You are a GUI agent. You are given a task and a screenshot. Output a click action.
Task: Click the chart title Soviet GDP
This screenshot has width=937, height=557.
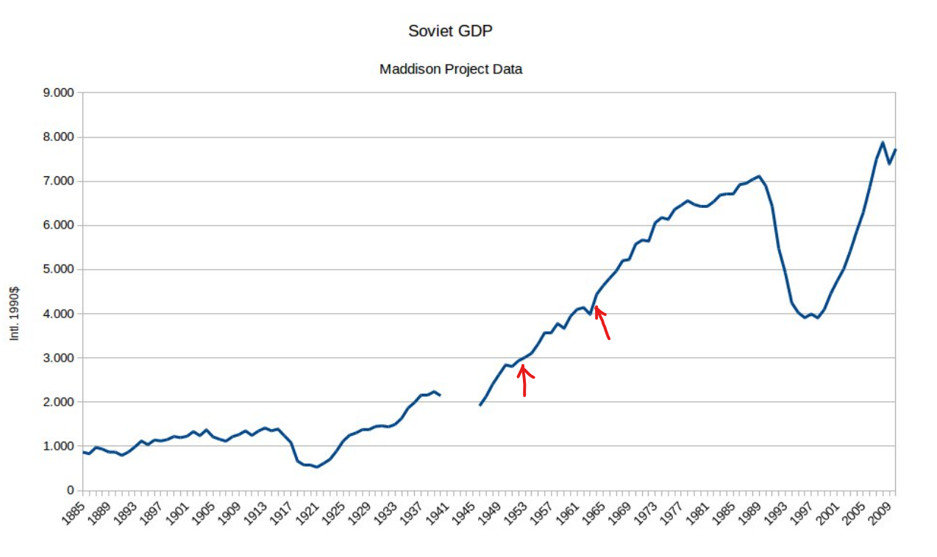coord(450,31)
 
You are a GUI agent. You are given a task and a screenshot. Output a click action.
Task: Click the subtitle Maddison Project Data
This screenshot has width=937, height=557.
coord(450,69)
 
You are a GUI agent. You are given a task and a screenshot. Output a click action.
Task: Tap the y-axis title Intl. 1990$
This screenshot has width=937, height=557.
coord(14,312)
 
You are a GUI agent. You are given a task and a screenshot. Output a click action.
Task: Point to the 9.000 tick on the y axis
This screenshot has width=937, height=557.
coord(60,93)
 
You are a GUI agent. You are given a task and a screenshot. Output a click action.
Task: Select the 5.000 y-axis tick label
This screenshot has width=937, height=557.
coord(60,270)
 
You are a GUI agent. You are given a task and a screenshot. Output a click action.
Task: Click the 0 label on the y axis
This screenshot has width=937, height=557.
coord(70,490)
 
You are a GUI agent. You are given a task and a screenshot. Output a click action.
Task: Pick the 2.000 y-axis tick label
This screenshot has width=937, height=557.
coord(60,402)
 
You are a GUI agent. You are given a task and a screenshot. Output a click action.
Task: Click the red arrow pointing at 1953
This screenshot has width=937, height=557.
coord(524,378)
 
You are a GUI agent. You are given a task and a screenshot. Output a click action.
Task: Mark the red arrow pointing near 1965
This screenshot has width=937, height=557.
coord(602,323)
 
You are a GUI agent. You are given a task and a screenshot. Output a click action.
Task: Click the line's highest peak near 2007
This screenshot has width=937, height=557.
coord(883,143)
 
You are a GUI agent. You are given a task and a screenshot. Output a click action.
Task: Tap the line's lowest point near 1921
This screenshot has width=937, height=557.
coord(317,467)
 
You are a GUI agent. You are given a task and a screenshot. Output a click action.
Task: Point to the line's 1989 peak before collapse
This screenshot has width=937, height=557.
coord(759,176)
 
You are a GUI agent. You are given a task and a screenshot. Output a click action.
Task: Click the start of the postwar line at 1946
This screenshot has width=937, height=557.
coord(480,405)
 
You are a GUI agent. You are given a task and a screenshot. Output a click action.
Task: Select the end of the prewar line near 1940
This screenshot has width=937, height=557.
coord(440,395)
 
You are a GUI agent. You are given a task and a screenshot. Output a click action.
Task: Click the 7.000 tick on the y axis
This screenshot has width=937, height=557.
coord(60,182)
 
